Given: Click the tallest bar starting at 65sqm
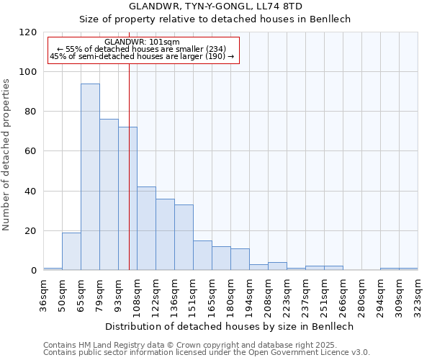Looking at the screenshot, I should [x=90, y=177].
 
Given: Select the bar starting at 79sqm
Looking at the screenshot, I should [x=109, y=194].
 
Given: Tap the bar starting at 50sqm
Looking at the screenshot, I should [x=71, y=251].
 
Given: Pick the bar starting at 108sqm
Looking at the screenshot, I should [x=146, y=228].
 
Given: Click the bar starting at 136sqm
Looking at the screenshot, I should [x=184, y=238].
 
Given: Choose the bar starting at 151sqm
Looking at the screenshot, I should [x=202, y=256].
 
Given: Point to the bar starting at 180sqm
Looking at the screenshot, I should [x=240, y=259].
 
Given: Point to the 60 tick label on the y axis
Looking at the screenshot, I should [x=32, y=151].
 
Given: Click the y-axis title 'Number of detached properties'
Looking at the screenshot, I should [x=7, y=155].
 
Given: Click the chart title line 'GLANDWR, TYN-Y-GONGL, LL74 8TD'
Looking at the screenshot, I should [x=215, y=6].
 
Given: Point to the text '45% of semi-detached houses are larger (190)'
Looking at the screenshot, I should [x=142, y=56].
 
